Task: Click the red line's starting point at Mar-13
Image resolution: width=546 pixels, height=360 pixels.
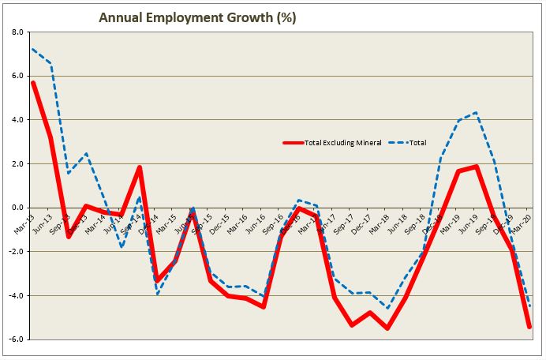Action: [x=32, y=82]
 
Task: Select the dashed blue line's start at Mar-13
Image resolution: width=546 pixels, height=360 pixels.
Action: [x=32, y=49]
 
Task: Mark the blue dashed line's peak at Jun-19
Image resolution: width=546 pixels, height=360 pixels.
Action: [x=477, y=112]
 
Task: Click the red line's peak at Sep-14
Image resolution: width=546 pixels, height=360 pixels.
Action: [x=140, y=167]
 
